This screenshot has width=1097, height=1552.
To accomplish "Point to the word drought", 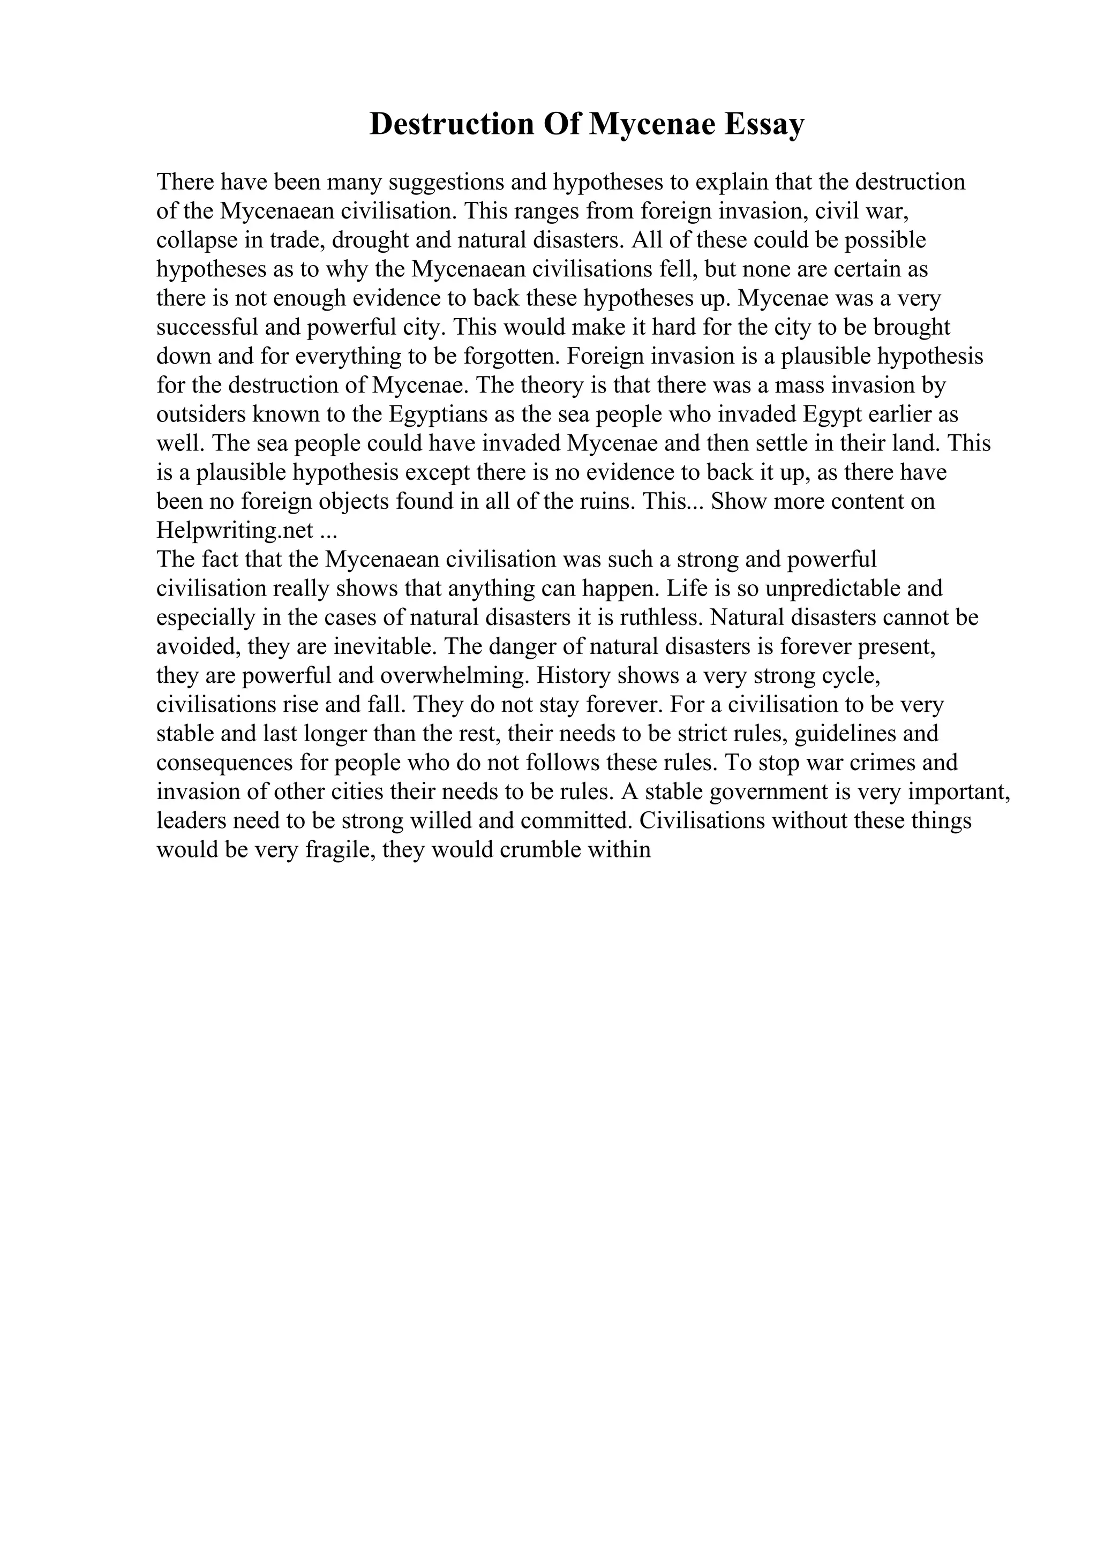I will click(372, 240).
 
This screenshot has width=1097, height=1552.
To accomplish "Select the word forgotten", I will click(507, 357).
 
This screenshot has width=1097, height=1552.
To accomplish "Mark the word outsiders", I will click(200, 415).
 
